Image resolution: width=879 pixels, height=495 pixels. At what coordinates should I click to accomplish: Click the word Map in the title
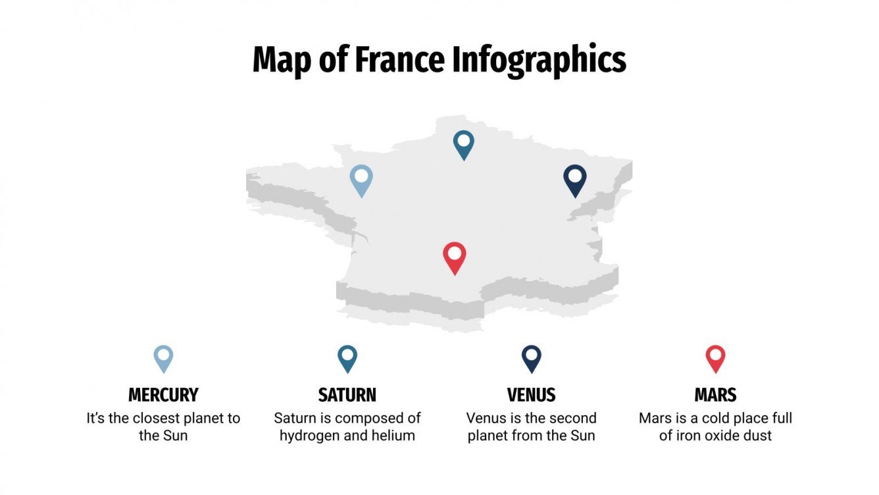point(281,60)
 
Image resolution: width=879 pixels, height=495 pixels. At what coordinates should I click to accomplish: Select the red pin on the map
point(454,257)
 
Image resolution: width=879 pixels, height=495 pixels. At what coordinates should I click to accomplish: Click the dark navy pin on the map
point(575,179)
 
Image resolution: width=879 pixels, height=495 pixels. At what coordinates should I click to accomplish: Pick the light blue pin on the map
point(361,179)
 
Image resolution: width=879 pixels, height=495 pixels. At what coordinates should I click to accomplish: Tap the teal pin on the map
point(464,143)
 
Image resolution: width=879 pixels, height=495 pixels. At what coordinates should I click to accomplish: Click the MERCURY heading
point(163,395)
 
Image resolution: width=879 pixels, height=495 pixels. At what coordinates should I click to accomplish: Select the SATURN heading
point(347,395)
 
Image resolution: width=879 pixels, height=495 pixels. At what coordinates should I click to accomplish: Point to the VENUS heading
point(531,395)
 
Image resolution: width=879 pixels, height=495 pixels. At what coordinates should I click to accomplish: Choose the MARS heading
point(715,395)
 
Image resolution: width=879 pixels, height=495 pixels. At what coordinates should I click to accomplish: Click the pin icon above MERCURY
point(163,358)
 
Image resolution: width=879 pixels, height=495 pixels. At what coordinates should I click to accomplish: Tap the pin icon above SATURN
point(347,358)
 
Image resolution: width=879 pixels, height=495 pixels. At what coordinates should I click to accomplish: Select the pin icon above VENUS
point(531,358)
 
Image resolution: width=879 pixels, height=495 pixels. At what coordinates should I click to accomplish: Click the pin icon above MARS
point(715,358)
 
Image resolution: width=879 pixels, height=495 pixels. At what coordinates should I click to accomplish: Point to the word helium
point(393,435)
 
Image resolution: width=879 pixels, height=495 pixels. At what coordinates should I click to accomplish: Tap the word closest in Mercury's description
point(157,418)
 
